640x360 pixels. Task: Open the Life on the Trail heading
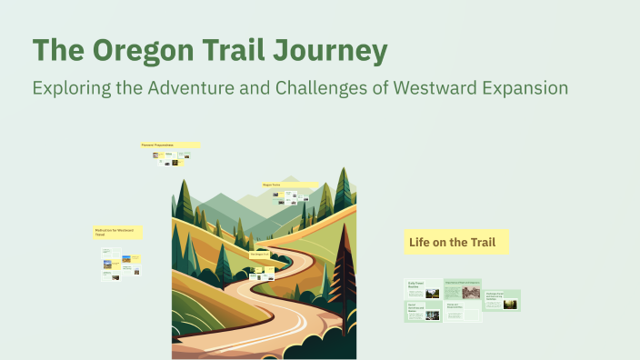(455, 242)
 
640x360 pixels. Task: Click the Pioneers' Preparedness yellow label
(169, 145)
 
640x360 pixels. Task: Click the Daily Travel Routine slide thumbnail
(423, 289)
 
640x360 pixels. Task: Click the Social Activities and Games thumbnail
(423, 312)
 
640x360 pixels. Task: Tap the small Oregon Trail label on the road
(262, 255)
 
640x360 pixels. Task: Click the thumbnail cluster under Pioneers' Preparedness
(171, 158)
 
